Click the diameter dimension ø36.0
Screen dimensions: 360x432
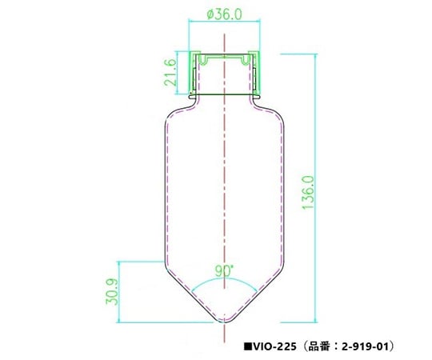coord(224,14)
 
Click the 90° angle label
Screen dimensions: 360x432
coord(224,270)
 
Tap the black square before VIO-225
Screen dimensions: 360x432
coord(249,346)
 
